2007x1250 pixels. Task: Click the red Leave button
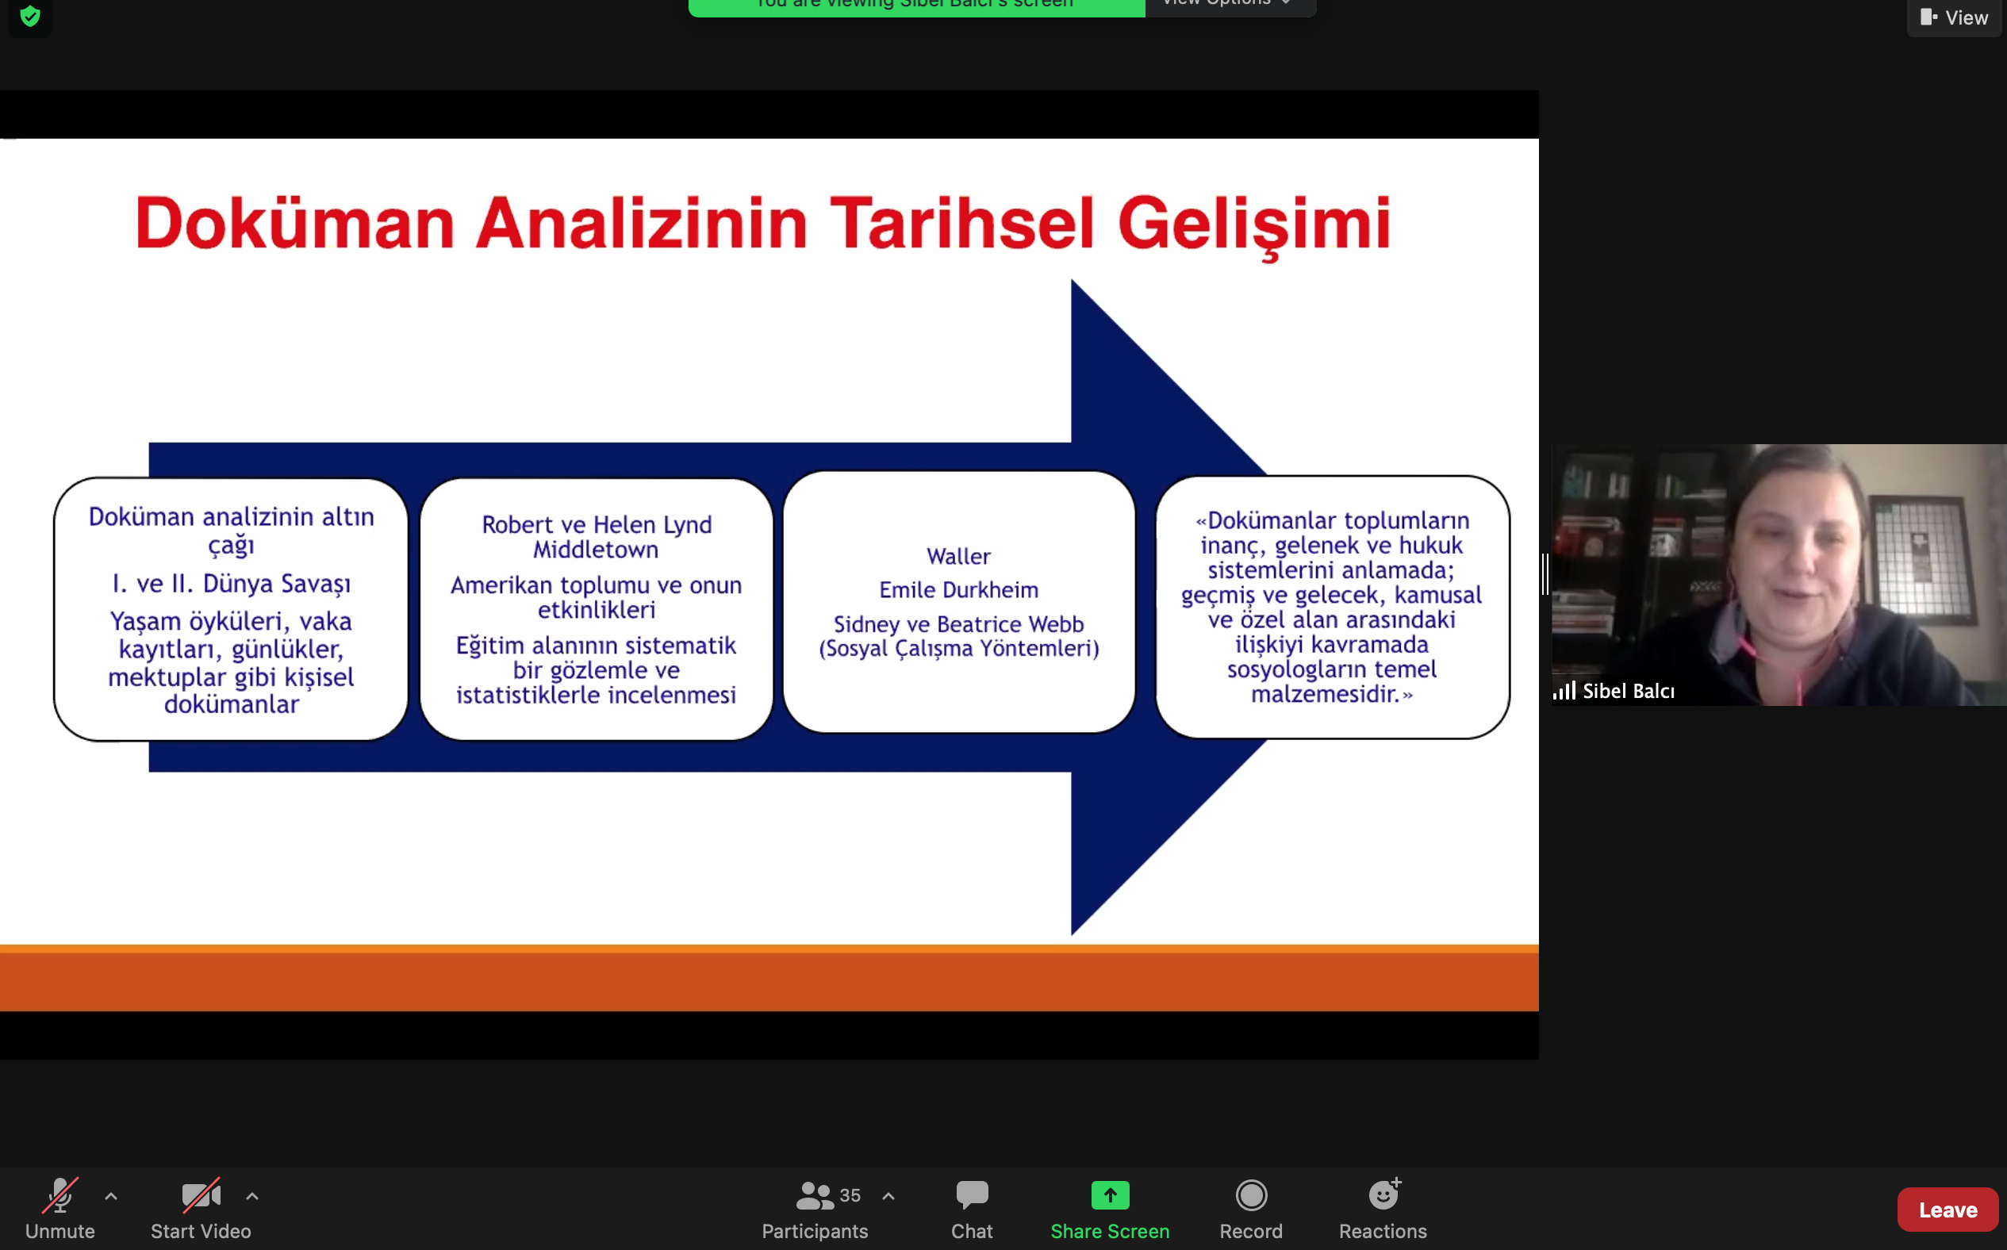1948,1210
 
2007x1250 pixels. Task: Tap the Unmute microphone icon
60,1195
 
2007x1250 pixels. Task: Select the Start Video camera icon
201,1195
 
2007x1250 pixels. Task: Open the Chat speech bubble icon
972,1194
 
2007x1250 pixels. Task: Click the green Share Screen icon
1110,1195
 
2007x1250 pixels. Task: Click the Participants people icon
815,1195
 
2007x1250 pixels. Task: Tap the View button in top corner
1954,17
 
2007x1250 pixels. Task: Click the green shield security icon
31,16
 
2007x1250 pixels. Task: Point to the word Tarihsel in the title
962,223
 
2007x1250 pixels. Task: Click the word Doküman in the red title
295,223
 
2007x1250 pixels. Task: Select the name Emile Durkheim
959,589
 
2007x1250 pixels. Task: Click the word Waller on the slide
959,556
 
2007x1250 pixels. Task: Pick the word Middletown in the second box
596,550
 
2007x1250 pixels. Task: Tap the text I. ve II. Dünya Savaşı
232,584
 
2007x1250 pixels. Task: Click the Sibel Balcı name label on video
1629,691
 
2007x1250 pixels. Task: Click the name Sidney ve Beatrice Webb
959,624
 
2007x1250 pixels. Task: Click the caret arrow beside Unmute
111,1195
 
